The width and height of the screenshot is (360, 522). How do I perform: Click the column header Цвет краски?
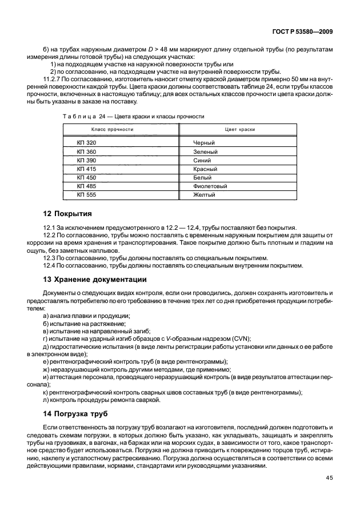(240, 130)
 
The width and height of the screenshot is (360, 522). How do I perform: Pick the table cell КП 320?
(87, 142)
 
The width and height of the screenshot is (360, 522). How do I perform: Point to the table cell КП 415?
(87, 169)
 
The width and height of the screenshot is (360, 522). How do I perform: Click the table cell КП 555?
(87, 195)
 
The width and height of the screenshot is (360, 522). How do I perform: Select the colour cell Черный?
(205, 142)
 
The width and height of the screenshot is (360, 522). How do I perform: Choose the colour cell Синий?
(203, 160)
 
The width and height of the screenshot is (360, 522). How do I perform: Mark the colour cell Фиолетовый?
(211, 186)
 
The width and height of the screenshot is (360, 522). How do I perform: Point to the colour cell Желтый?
(205, 195)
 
